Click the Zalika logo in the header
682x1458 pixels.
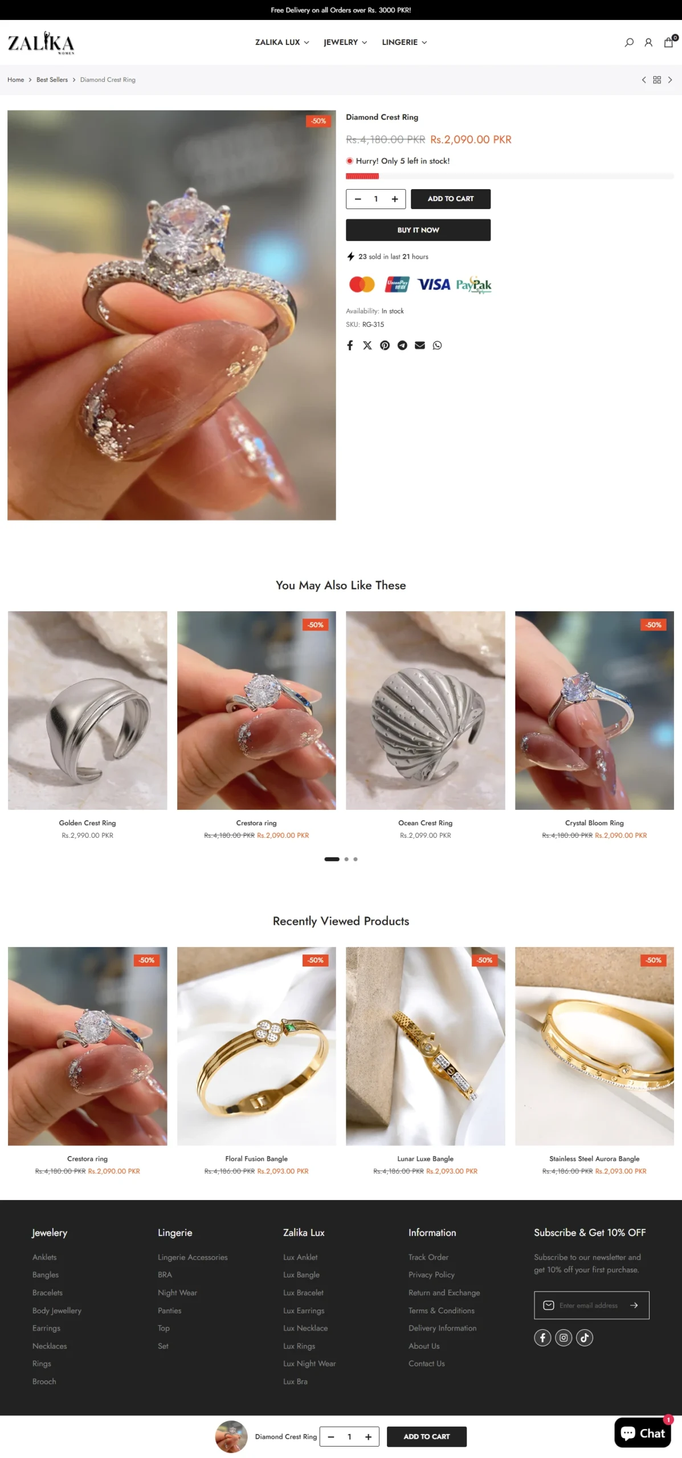point(41,43)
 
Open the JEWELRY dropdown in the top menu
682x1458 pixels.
point(345,42)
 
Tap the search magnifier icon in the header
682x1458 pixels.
point(629,43)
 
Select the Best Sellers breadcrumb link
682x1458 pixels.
point(52,80)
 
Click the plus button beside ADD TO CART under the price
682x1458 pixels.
point(394,199)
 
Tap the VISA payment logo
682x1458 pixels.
point(434,284)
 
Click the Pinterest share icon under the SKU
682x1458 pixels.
point(385,345)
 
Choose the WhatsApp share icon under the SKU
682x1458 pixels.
point(437,345)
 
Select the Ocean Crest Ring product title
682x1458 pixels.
point(425,823)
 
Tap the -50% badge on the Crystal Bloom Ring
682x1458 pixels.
point(654,625)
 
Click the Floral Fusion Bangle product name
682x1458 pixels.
point(256,1158)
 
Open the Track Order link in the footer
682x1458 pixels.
point(428,1257)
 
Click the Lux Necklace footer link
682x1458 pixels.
point(305,1328)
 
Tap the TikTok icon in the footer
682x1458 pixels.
point(585,1338)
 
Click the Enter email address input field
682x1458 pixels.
point(589,1305)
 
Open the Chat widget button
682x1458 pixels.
point(643,1432)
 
